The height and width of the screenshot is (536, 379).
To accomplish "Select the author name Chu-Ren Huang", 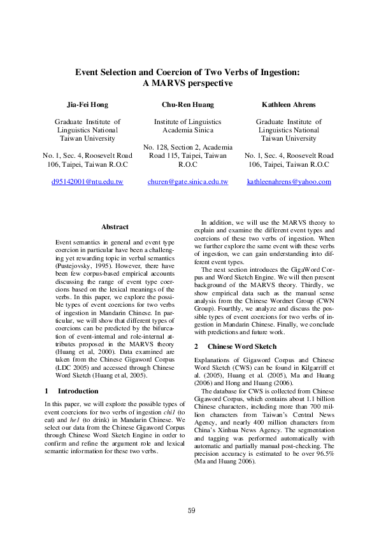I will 187,104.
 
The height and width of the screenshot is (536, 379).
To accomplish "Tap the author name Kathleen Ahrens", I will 289,104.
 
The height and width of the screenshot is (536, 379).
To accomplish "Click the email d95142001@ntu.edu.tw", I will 87,181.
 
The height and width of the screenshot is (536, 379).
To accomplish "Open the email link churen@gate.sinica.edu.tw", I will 187,181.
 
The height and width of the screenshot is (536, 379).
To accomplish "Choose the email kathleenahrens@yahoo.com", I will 289,181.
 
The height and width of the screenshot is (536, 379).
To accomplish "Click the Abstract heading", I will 115,227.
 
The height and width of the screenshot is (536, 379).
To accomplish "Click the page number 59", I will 191,511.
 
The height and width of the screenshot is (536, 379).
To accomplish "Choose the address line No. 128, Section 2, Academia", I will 187,146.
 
